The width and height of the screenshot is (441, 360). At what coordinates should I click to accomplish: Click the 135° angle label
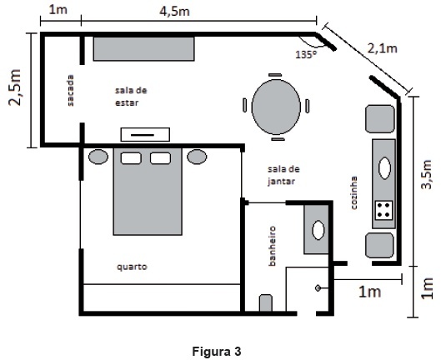[x=306, y=54]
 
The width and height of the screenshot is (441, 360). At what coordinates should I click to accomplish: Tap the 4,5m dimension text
[x=174, y=12]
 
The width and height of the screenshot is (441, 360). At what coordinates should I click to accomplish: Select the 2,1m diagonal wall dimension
[x=382, y=48]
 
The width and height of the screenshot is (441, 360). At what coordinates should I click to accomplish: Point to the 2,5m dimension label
[x=15, y=87]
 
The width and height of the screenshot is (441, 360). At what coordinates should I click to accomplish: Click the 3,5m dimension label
[x=426, y=175]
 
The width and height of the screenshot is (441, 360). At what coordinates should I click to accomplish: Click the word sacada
[x=70, y=90]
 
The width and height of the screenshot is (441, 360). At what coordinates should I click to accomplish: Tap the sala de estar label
[x=131, y=97]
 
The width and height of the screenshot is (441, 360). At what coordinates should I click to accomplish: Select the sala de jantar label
[x=283, y=176]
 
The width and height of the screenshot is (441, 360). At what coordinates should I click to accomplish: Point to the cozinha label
[x=353, y=192]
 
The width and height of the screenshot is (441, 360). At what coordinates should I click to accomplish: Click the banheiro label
[x=272, y=246]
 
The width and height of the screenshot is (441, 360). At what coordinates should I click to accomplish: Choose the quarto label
[x=132, y=267]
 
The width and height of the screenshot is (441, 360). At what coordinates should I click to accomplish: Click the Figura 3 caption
[x=217, y=352]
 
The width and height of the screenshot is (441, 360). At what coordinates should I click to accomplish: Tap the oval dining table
[x=276, y=107]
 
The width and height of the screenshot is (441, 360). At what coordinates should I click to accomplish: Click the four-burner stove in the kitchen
[x=383, y=210]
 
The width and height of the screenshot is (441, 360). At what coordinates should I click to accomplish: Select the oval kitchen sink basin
[x=384, y=167]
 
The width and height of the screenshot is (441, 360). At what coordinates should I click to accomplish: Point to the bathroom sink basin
[x=318, y=230]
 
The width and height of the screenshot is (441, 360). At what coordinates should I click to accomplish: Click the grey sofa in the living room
[x=143, y=48]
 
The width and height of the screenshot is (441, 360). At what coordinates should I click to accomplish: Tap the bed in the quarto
[x=148, y=192]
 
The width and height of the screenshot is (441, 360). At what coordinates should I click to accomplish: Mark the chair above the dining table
[x=275, y=75]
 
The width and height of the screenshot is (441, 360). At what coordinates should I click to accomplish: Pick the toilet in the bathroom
[x=265, y=302]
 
